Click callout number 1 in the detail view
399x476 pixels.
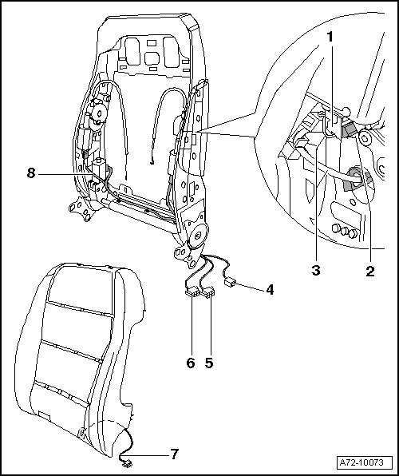(x=330, y=37)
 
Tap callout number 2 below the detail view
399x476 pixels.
(x=369, y=271)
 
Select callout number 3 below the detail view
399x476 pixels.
(x=316, y=270)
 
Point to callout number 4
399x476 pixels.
(x=270, y=290)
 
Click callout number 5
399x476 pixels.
(x=209, y=363)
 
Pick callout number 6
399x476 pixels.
(x=191, y=363)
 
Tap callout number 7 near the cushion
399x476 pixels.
(x=174, y=454)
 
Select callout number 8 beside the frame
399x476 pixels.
(x=31, y=173)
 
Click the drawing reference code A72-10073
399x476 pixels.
(x=361, y=463)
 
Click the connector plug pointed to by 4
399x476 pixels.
(x=229, y=284)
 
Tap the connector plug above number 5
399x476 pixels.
(x=208, y=294)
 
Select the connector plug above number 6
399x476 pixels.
(x=192, y=293)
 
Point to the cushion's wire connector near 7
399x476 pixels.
(x=126, y=463)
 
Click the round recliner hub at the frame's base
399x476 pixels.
(x=197, y=235)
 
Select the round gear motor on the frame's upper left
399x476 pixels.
(x=98, y=113)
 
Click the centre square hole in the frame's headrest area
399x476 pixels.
(x=152, y=58)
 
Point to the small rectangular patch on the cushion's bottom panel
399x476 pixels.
(x=45, y=415)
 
